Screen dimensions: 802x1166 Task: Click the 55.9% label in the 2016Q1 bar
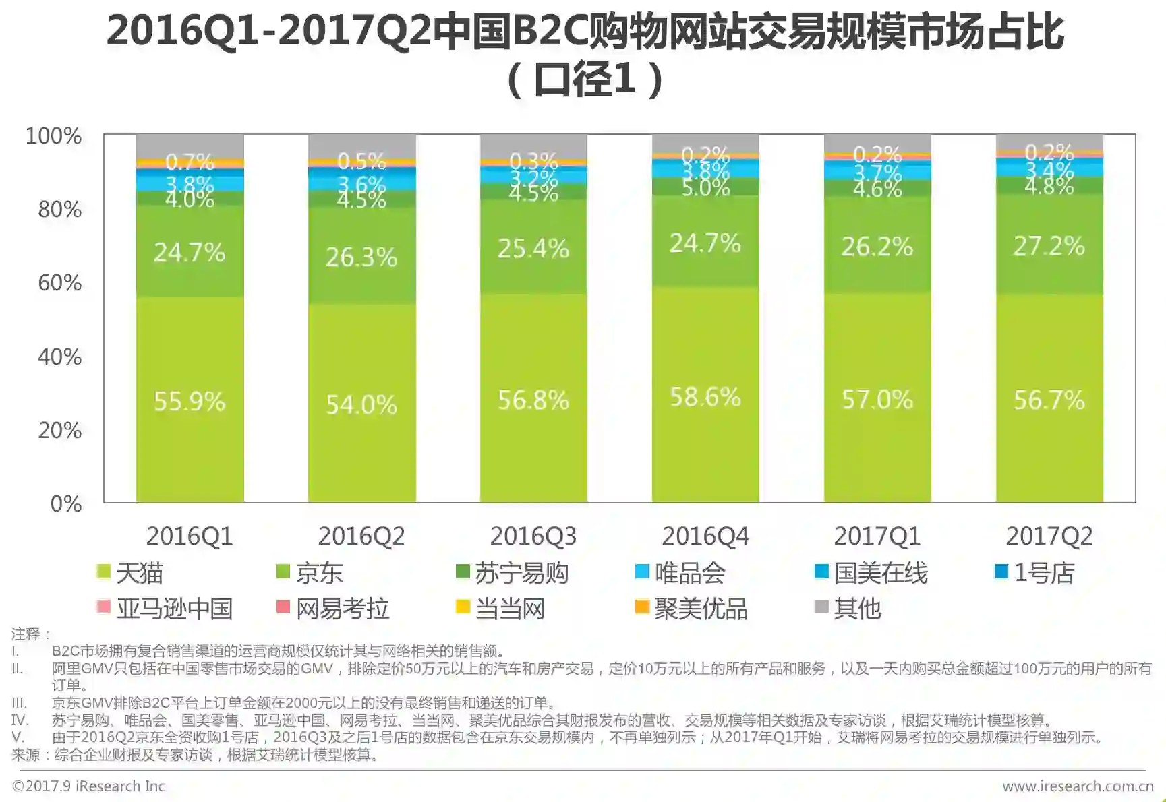pyautogui.click(x=190, y=401)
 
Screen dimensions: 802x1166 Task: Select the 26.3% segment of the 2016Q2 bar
pyautogui.click(x=361, y=257)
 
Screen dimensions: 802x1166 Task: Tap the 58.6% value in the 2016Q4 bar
pyautogui.click(x=705, y=397)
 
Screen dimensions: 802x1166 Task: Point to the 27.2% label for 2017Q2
pyautogui.click(x=1049, y=246)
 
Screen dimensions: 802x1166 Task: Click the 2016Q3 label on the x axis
pyautogui.click(x=533, y=536)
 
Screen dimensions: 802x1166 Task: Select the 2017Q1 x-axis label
pyautogui.click(x=877, y=536)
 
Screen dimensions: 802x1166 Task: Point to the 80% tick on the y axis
pyautogui.click(x=60, y=210)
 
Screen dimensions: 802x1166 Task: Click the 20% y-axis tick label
pyautogui.click(x=60, y=430)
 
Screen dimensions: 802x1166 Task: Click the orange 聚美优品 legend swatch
pyautogui.click(x=642, y=607)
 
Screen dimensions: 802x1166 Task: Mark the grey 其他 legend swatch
pyautogui.click(x=821, y=607)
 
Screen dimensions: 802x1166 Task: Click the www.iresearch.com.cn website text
pyautogui.click(x=1078, y=786)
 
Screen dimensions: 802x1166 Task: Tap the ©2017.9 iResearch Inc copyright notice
pyautogui.click(x=88, y=786)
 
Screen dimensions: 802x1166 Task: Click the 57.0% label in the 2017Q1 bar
pyautogui.click(x=877, y=400)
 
